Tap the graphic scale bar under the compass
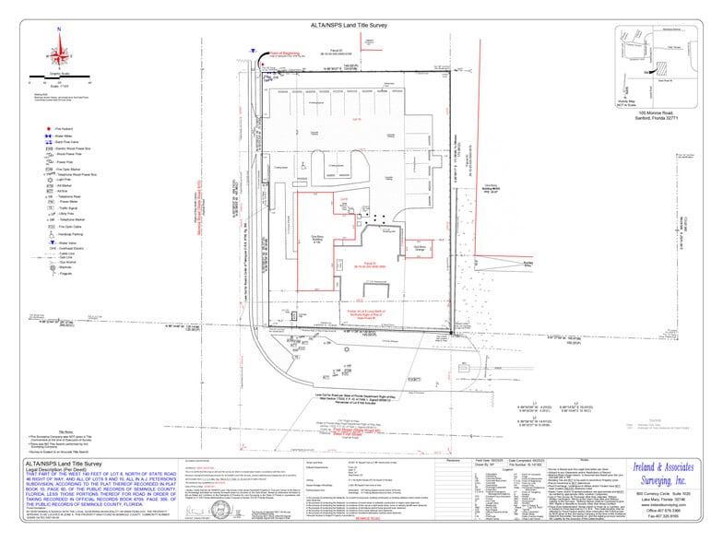[59, 81]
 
